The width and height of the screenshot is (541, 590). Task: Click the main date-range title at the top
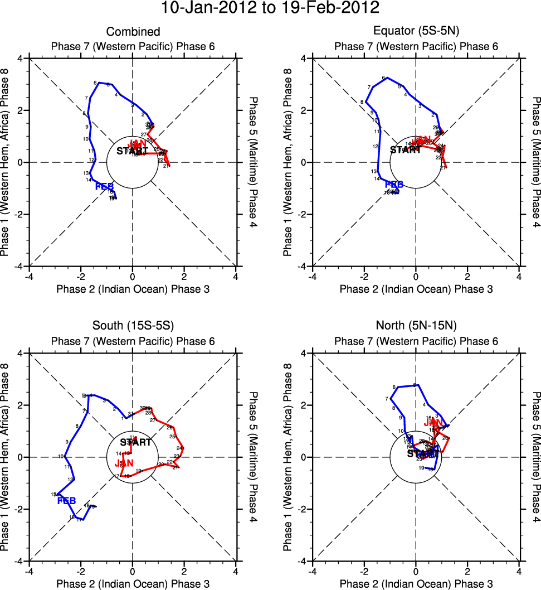coord(270,9)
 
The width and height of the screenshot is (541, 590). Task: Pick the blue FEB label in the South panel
coord(67,501)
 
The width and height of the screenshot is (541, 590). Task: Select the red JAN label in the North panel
coord(433,423)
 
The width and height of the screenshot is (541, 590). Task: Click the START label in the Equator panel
coord(405,150)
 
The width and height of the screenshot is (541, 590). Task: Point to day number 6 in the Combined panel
coord(95,83)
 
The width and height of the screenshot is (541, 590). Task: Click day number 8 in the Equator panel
coord(362,102)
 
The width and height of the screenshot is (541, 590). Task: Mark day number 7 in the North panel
coord(386,399)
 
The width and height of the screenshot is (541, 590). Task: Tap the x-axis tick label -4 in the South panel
coord(28,572)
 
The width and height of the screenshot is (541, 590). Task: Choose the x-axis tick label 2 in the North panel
coord(467,572)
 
